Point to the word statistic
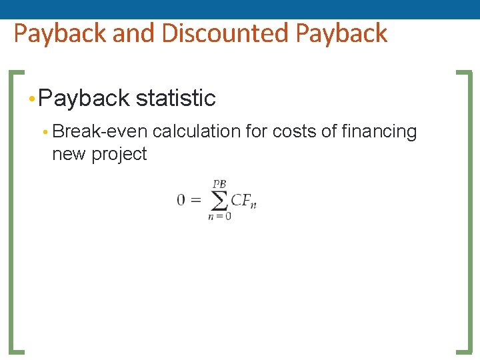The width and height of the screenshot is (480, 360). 176,99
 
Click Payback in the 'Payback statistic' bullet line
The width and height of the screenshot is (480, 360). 84,99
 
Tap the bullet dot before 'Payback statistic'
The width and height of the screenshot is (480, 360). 32,99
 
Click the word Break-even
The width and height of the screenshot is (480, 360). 100,131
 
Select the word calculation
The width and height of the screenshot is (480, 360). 197,131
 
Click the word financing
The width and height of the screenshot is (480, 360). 379,131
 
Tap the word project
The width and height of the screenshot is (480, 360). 119,154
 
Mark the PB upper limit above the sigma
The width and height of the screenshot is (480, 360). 219,183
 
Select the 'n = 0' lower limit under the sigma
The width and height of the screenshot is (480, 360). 219,216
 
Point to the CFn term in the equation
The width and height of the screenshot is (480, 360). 243,200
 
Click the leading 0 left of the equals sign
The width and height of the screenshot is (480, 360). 181,200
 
